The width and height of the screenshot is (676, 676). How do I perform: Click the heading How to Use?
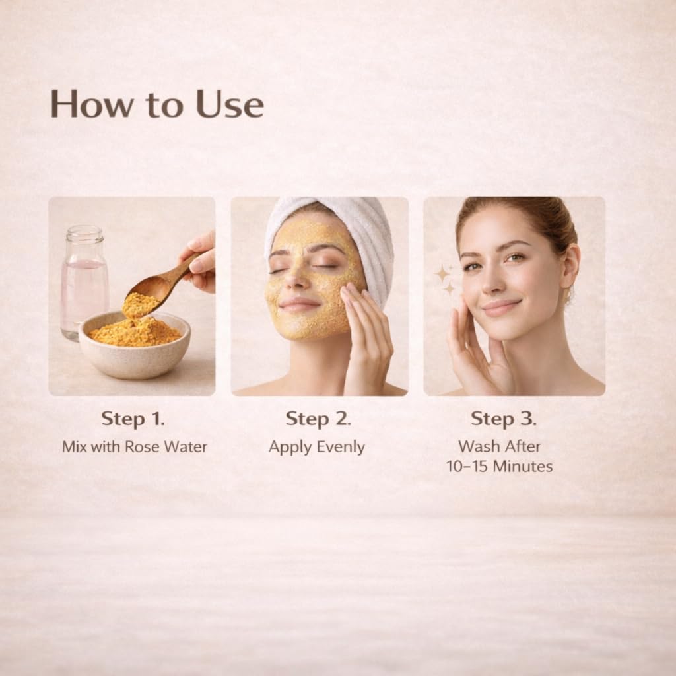tap(157, 104)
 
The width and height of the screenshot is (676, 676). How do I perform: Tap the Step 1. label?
tap(133, 419)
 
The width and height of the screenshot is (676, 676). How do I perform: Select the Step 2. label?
tap(318, 419)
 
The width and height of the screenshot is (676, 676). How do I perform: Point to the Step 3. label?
tap(504, 419)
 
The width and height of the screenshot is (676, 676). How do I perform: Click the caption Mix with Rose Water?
tap(135, 446)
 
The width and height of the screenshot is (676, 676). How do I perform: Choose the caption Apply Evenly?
tap(317, 447)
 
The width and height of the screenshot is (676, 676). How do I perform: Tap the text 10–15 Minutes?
tap(499, 466)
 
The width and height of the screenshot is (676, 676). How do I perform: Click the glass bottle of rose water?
tap(84, 283)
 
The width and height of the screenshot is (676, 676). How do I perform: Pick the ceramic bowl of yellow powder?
tap(135, 345)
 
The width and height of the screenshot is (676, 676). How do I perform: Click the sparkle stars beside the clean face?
tap(444, 279)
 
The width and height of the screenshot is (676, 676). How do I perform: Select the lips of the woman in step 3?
tap(500, 307)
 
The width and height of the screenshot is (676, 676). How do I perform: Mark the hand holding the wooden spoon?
tap(199, 263)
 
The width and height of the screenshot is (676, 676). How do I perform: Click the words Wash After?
tap(499, 446)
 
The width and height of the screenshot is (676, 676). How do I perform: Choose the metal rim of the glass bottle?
tap(84, 233)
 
